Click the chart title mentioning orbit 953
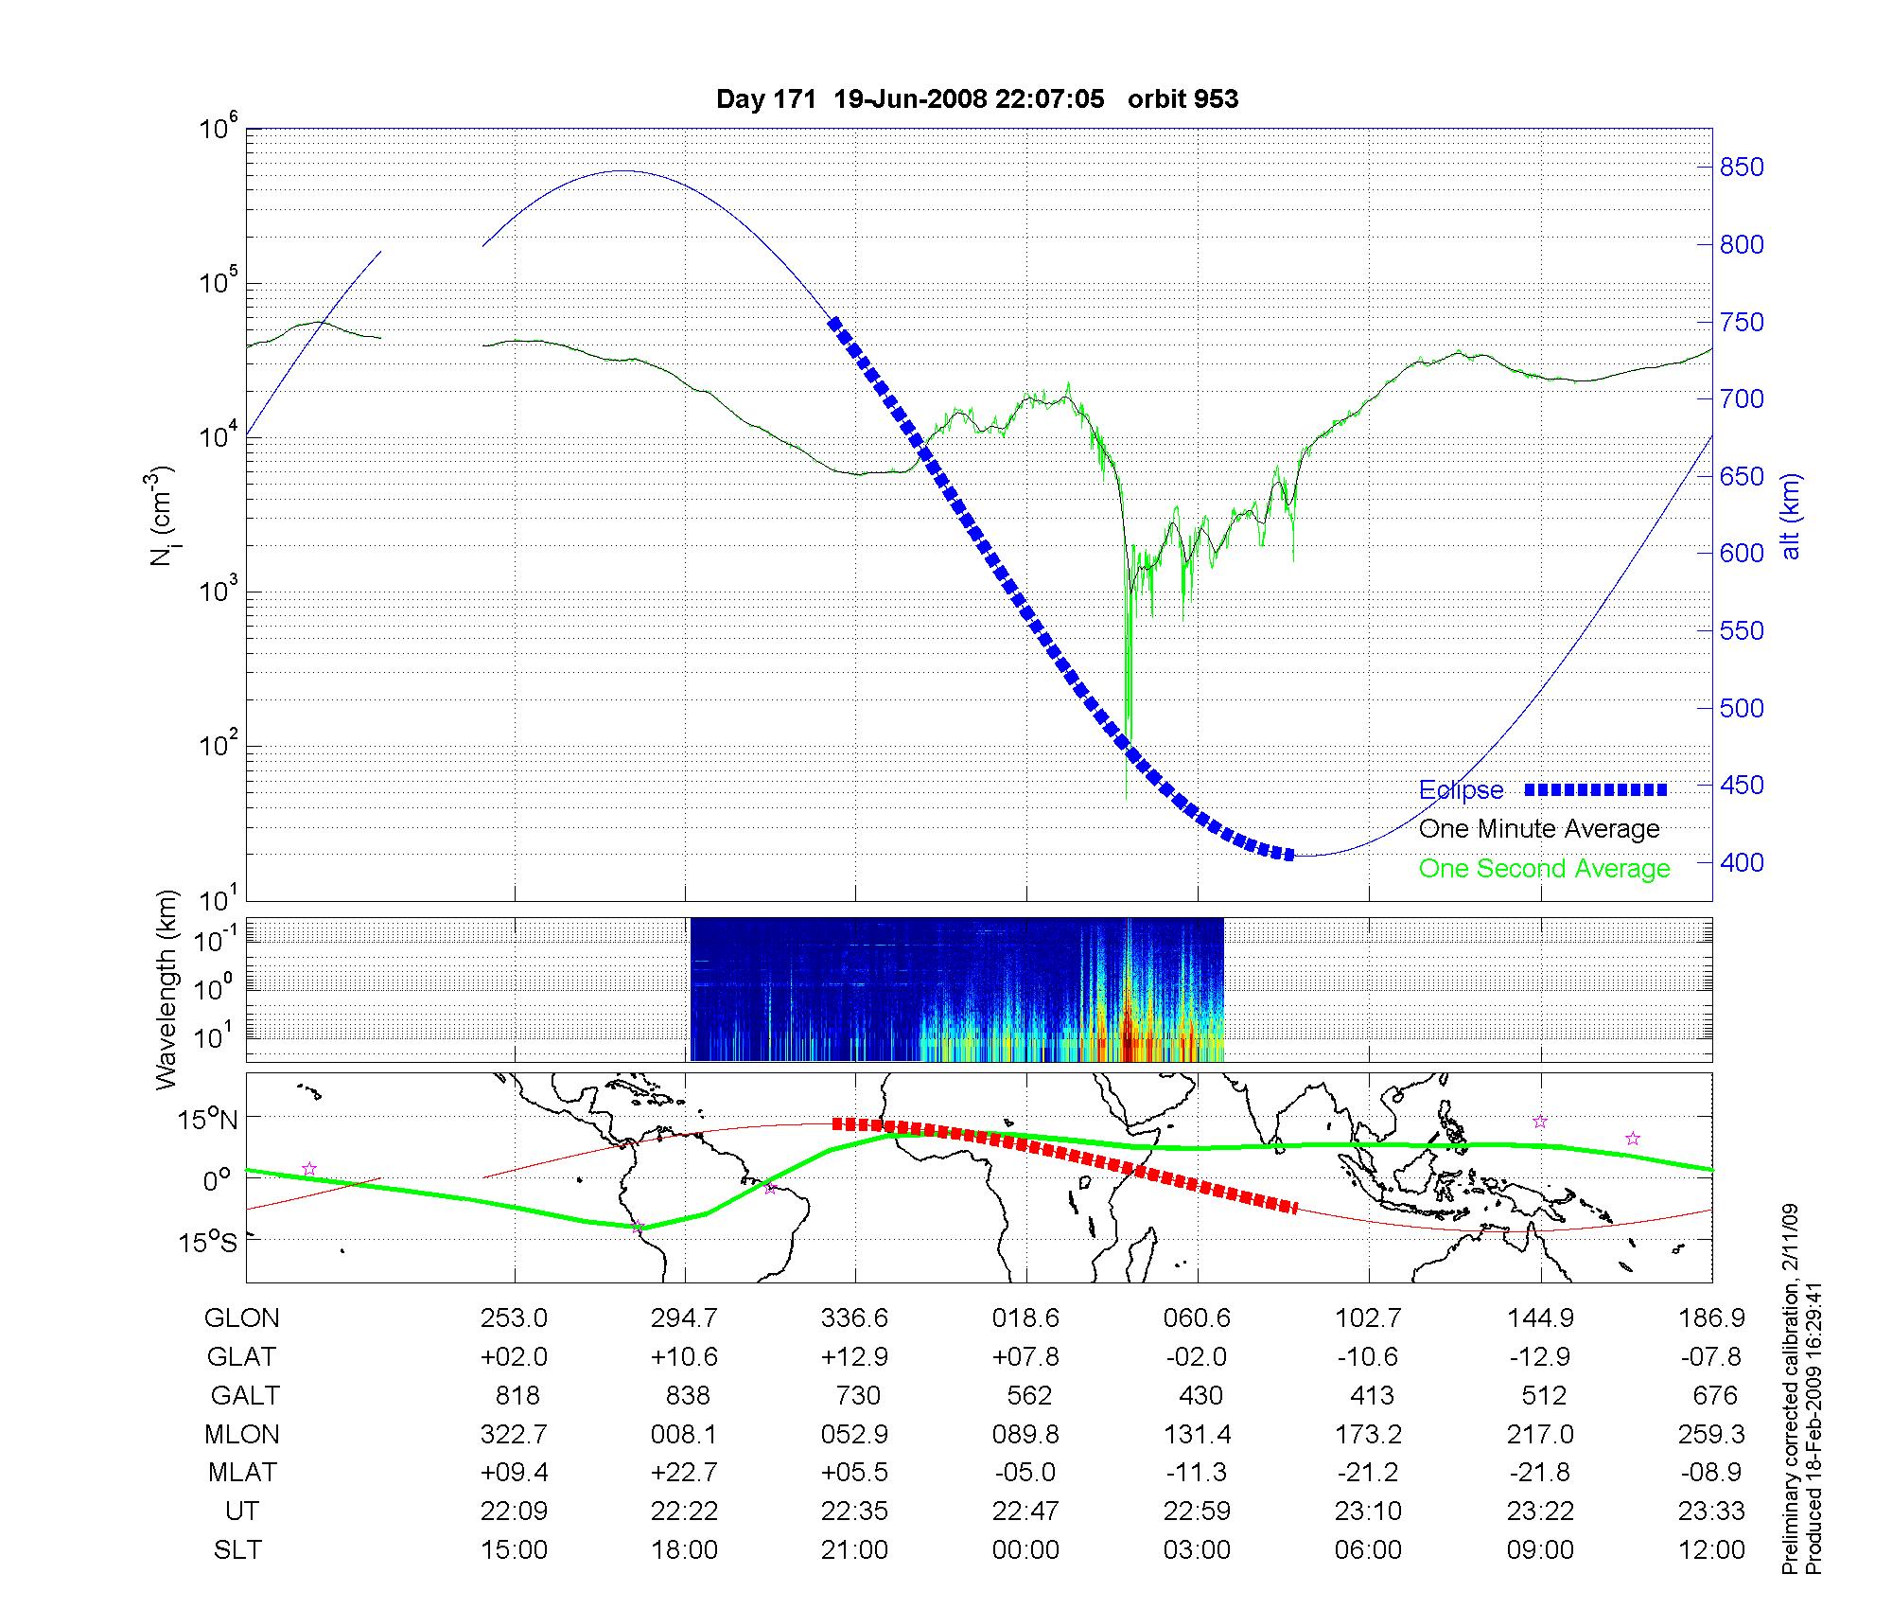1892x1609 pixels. (977, 99)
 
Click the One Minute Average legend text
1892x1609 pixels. (1539, 829)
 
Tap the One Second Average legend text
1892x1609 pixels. (1544, 869)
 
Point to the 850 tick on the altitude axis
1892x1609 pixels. (1742, 168)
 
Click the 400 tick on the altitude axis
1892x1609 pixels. (1742, 862)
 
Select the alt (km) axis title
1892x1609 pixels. (1791, 516)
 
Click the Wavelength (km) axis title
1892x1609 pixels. (166, 990)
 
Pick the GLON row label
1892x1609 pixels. (242, 1317)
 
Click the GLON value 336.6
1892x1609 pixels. (855, 1317)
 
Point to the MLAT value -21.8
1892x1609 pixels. (1539, 1473)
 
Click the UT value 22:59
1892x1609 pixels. (1198, 1512)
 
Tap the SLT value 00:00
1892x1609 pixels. (1026, 1550)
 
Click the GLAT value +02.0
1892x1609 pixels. (514, 1356)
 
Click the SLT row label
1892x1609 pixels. (237, 1550)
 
